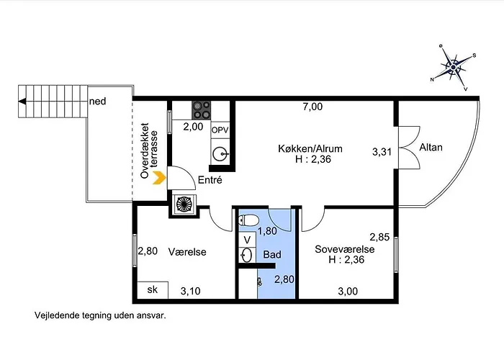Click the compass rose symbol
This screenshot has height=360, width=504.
coord(453,68)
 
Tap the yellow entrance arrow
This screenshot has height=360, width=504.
coord(159,178)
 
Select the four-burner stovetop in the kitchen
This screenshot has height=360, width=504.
coord(201,110)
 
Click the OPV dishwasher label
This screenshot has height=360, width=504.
coord(220,130)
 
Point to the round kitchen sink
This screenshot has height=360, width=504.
coord(220,154)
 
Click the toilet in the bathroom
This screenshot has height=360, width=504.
coord(248,220)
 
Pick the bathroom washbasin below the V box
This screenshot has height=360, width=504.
coord(246,256)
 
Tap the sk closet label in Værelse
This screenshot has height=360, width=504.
coord(153,289)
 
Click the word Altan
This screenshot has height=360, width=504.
coord(431,147)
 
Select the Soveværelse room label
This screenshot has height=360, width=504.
coord(345,249)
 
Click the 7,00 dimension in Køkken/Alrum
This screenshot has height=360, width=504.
coord(312,107)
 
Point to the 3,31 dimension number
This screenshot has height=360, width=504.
coord(382,152)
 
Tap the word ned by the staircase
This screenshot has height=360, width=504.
coord(97,102)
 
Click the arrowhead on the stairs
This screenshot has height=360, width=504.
coord(22,102)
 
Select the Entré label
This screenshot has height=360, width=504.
coord(210,180)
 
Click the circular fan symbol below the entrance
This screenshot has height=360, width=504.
coord(184,204)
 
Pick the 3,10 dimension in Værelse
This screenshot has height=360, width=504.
coord(190,291)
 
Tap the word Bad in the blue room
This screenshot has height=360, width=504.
coord(272,255)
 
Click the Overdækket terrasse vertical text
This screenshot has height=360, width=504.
coord(150,150)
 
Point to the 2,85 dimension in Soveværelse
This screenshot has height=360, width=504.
coord(379,237)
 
